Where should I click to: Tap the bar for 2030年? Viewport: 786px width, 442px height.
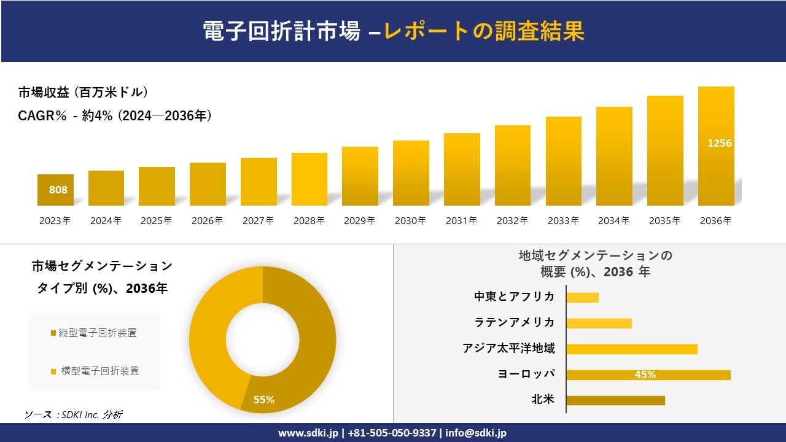click(411, 173)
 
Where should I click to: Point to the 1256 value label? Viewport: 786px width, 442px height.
click(720, 143)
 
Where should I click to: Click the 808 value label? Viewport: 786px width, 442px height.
click(58, 190)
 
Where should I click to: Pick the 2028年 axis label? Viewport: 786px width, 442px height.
click(309, 221)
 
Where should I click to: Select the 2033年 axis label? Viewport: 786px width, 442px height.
click(563, 221)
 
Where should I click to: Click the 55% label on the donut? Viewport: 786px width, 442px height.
click(264, 400)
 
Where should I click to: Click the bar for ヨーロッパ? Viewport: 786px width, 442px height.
click(648, 374)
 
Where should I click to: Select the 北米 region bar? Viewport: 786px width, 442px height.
click(615, 400)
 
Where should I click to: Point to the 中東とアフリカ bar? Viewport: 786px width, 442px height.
click(582, 297)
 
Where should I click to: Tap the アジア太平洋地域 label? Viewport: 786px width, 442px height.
click(508, 349)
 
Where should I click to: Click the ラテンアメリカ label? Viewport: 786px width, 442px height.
click(515, 322)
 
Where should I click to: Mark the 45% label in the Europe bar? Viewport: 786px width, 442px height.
click(645, 374)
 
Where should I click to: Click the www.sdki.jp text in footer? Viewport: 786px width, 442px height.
click(307, 433)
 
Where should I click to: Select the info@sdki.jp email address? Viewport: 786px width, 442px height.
click(477, 433)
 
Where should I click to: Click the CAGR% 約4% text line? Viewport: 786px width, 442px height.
click(115, 115)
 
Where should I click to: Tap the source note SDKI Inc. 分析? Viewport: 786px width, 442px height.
click(74, 414)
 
